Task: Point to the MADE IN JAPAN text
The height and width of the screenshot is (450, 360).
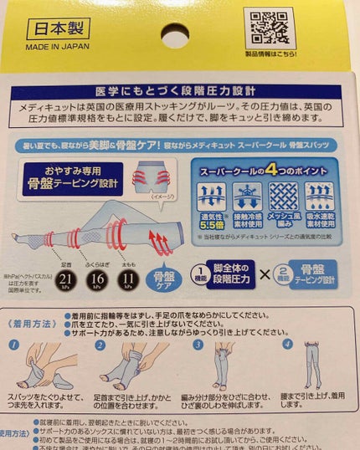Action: point(59,48)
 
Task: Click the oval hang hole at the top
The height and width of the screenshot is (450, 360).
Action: point(175,38)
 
